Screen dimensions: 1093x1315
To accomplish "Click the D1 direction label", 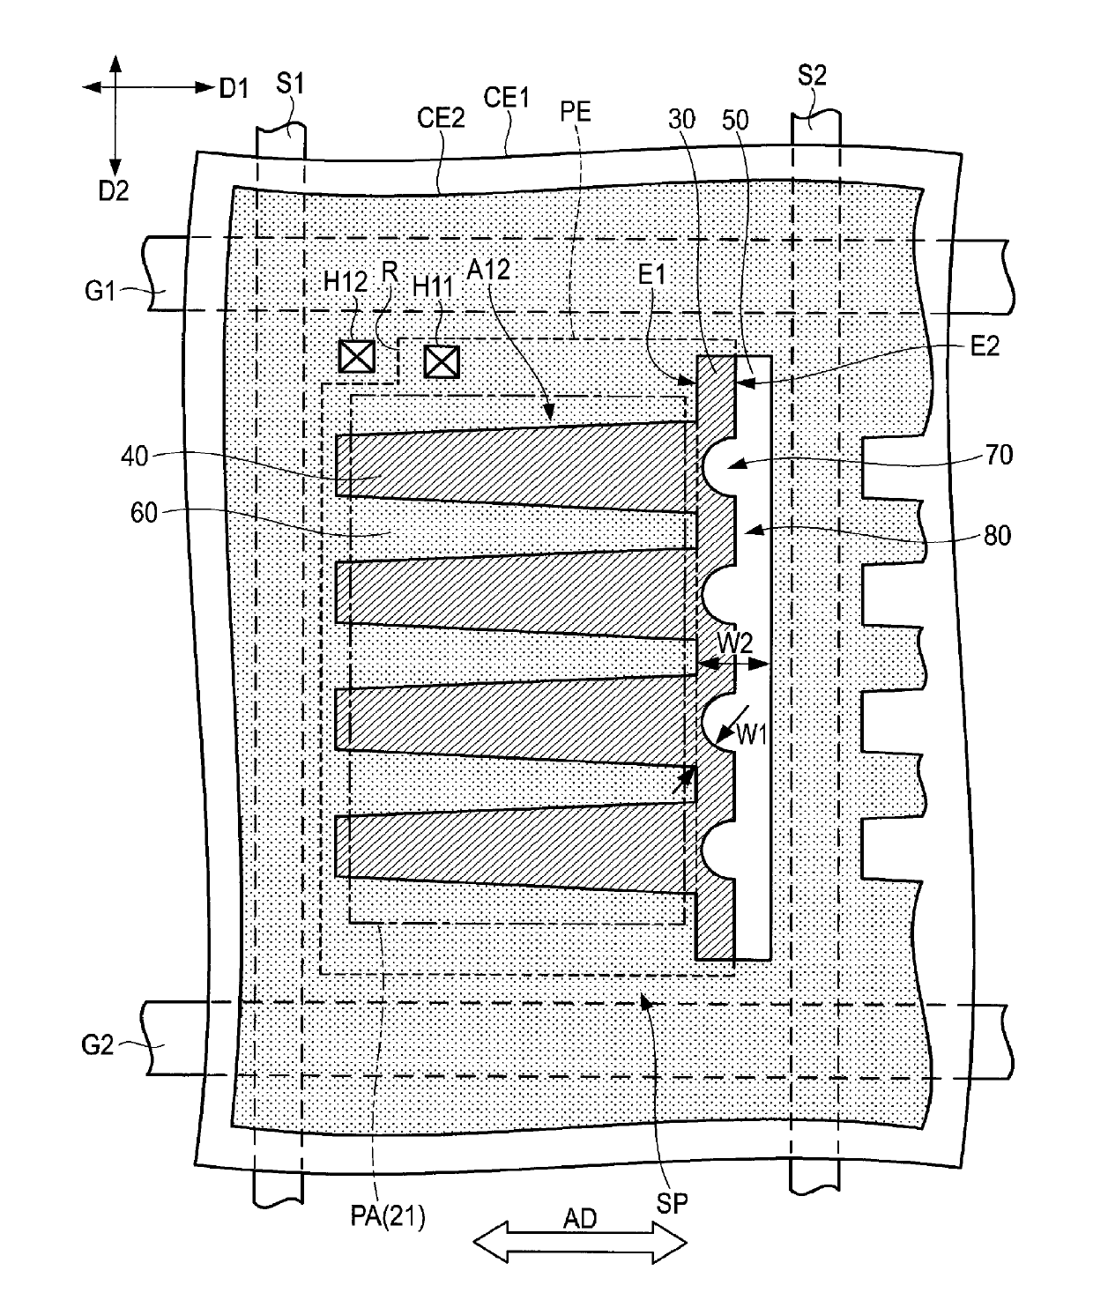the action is click(234, 89).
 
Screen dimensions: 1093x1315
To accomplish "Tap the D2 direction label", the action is click(114, 190).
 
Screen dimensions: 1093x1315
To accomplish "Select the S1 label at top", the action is click(290, 83).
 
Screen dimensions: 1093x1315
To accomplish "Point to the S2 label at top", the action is click(812, 76).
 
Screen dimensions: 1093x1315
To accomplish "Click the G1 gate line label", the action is click(100, 291).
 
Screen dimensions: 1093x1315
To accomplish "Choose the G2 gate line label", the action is click(98, 1044).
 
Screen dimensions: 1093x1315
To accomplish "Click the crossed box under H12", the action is click(357, 356).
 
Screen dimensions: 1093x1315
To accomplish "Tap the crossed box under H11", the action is click(442, 362).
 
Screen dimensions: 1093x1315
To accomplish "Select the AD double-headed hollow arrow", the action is click(580, 1243).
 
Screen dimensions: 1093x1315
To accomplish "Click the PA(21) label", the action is click(388, 1215).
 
